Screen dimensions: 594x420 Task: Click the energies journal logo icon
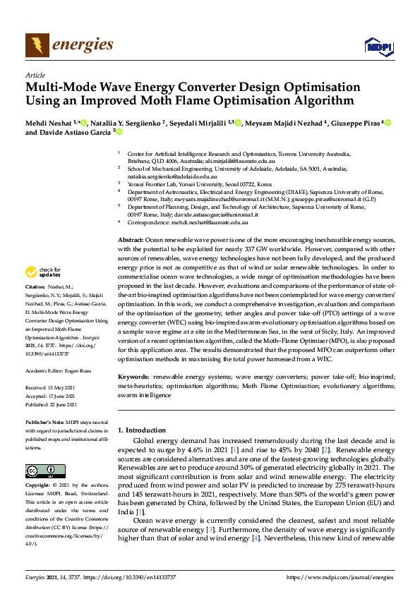pos(37,46)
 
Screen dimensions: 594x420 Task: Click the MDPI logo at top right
pos(378,47)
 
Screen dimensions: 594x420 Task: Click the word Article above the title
pos(35,75)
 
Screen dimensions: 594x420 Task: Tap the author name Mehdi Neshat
pos(52,123)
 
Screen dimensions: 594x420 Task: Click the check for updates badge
pos(42,271)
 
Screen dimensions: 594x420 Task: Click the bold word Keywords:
pos(133,377)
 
